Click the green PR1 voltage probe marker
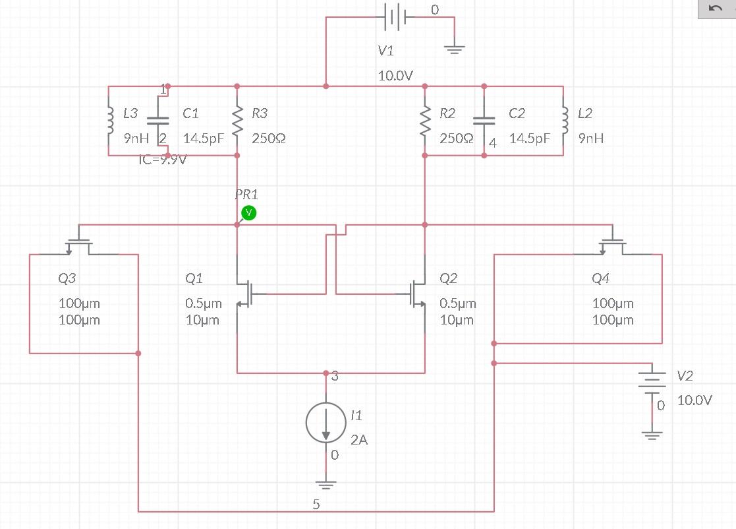248,212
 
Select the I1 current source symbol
326,422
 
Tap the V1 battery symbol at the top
393,18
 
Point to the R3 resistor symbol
237,121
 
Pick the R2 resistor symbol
425,121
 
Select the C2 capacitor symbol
484,121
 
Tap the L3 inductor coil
109,121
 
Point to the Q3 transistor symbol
79,243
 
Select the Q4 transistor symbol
613,243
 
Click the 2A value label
359,440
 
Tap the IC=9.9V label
162,159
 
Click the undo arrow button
716,9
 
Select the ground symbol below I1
326,484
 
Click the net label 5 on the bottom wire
316,505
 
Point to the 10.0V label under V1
395,76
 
